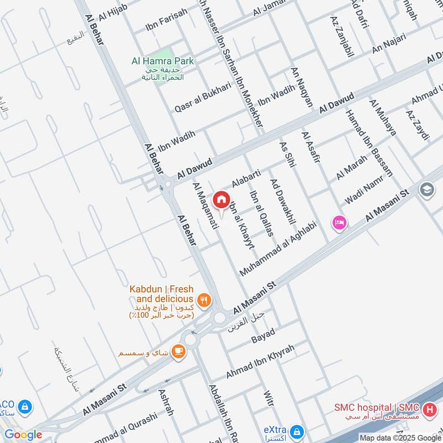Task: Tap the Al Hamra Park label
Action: point(162,61)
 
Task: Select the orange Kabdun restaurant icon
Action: point(204,300)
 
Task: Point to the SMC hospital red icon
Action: point(428,411)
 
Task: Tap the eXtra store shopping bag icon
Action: point(296,431)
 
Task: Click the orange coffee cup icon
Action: point(178,351)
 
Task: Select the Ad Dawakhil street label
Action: point(282,202)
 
